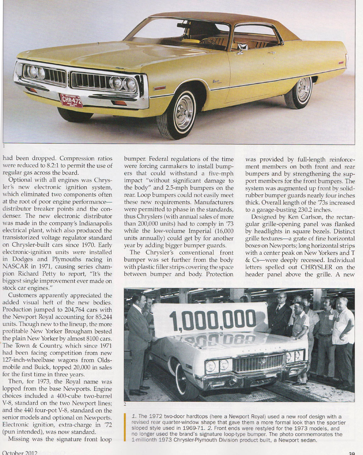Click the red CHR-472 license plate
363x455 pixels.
(71, 101)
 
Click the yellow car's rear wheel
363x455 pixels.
(299, 92)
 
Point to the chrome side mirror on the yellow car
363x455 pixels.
(242, 49)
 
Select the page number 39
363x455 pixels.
(351, 452)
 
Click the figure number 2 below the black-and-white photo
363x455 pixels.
(125, 404)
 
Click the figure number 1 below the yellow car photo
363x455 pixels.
(4, 146)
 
